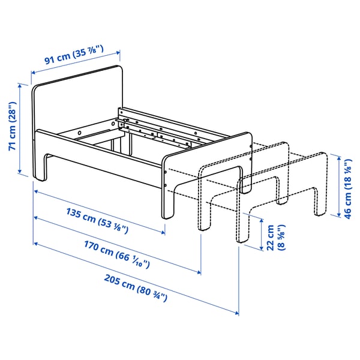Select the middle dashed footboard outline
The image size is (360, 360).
240,168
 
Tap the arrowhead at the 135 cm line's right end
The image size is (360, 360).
163,233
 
